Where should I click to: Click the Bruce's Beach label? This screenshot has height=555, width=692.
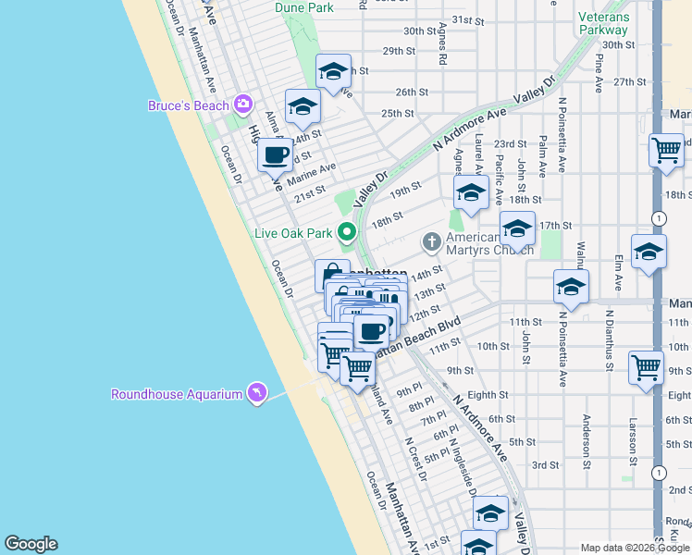click(188, 105)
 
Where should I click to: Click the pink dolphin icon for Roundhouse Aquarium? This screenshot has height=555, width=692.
click(256, 394)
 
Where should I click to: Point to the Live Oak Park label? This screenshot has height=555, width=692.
click(293, 232)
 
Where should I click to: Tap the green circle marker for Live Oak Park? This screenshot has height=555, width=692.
click(347, 232)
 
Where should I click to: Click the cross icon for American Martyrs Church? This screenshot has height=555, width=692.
click(430, 242)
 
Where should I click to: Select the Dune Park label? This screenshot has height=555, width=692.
click(303, 7)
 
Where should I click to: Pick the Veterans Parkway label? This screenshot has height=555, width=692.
click(603, 23)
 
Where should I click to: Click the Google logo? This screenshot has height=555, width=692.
click(31, 544)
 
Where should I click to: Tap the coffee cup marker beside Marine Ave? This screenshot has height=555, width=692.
click(275, 154)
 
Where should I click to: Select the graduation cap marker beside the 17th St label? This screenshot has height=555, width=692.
click(516, 228)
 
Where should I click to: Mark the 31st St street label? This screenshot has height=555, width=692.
click(468, 19)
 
